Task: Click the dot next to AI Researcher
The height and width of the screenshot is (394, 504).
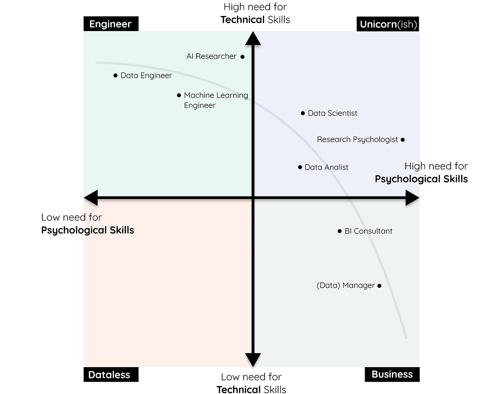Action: click(242, 57)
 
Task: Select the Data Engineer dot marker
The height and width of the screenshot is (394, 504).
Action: click(115, 76)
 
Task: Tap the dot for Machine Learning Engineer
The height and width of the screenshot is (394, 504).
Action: click(179, 95)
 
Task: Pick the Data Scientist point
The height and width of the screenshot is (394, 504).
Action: click(303, 113)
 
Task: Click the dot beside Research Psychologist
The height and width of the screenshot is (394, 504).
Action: click(402, 139)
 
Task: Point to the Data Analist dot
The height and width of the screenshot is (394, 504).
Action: click(300, 167)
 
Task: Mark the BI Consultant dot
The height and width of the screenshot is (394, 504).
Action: click(340, 231)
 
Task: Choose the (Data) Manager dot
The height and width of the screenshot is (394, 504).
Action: click(379, 286)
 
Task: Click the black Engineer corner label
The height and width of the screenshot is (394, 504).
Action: click(111, 24)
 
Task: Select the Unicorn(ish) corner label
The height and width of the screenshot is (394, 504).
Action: click(388, 24)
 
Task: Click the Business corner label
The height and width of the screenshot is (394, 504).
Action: click(392, 374)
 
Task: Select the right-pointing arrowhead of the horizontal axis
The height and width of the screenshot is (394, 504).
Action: click(412, 197)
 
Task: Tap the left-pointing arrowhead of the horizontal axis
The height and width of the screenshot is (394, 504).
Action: click(91, 197)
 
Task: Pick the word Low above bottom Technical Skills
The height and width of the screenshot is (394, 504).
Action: click(230, 377)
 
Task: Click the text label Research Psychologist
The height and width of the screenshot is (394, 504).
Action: click(357, 139)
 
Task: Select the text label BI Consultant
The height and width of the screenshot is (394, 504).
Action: click(368, 231)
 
